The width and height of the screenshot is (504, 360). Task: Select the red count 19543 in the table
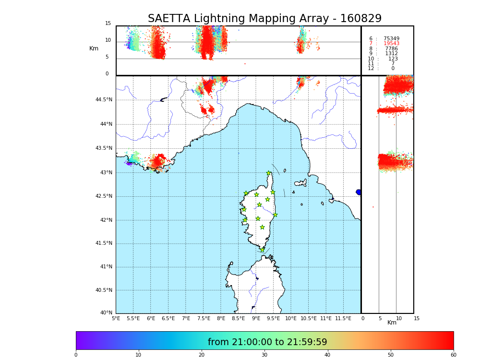coord(391,44)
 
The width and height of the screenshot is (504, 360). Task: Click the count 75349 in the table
coord(391,39)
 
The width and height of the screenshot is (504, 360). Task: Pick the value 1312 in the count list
coord(391,54)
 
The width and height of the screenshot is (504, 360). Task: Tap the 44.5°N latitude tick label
coord(104,100)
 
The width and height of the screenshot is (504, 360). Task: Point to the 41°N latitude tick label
coord(106,267)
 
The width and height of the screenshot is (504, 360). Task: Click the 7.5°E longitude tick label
coord(204,318)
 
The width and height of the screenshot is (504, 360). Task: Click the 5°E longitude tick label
coord(116,318)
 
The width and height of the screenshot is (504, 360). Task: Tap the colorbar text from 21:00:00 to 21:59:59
coord(267,342)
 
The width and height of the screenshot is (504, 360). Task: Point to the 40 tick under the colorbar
coord(327,355)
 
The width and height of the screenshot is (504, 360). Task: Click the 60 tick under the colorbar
coord(453,355)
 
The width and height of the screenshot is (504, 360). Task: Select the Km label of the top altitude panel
coord(94,48)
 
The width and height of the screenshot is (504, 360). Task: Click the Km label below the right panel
coord(392,323)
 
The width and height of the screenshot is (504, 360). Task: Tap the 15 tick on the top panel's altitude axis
coord(108,24)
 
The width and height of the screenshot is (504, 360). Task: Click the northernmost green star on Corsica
coord(269,173)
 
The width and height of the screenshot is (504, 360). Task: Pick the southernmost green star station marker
coord(262,250)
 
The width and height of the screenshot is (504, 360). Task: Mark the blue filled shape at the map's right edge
coord(359,192)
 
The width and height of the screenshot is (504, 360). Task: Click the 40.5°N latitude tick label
coord(104,290)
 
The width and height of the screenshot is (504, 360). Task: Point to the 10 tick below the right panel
coord(399,318)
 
